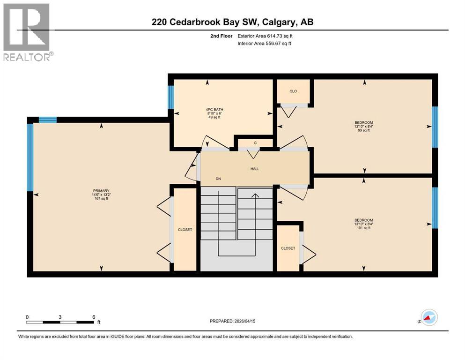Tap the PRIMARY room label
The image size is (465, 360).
click(101, 190)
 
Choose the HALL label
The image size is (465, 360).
click(255, 169)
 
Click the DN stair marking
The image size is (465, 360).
click(218, 179)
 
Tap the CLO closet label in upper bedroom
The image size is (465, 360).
click(293, 91)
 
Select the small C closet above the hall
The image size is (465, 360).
click(255, 143)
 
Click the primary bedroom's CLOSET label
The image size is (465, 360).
click(185, 230)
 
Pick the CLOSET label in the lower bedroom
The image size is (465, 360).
click(288, 248)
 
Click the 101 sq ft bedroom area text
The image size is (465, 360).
click(363, 228)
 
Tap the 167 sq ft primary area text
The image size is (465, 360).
click(101, 199)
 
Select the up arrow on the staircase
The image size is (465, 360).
click(255, 196)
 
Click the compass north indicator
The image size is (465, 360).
click(429, 318)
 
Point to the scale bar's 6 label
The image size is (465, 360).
click(94, 317)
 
